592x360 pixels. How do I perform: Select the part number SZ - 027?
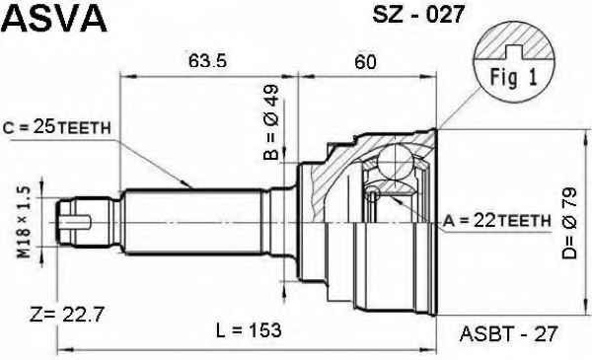tap(418, 15)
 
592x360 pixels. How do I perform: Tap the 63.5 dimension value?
tap(207, 61)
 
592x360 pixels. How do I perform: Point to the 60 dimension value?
tap(365, 61)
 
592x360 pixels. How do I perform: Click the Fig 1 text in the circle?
tap(513, 78)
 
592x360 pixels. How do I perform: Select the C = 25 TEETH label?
tap(56, 127)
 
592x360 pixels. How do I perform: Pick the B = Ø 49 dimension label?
tap(271, 121)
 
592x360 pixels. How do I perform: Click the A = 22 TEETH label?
tap(497, 221)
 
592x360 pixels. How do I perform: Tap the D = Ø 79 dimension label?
tap(569, 223)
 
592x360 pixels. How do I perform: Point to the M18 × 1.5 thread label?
tap(24, 222)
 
